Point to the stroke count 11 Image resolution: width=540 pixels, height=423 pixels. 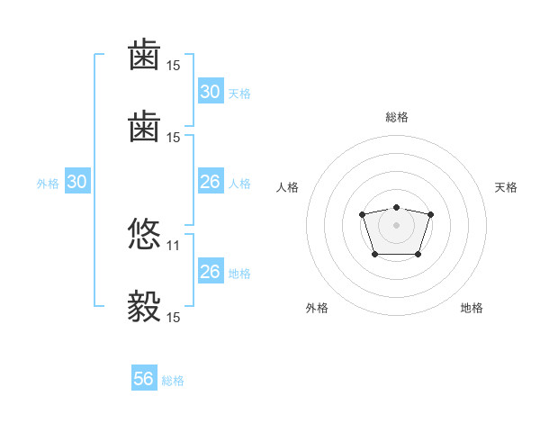pyautogui.click(x=174, y=244)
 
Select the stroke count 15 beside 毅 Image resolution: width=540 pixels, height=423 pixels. pyautogui.click(x=174, y=316)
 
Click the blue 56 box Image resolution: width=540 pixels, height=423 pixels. pyautogui.click(x=144, y=379)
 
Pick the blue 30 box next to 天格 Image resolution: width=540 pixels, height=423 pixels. pyautogui.click(x=211, y=92)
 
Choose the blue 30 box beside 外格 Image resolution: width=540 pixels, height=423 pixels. pyautogui.click(x=76, y=182)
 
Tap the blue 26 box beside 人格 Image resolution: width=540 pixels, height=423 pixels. pyautogui.click(x=211, y=182)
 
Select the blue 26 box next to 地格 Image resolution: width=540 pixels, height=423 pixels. pyautogui.click(x=211, y=272)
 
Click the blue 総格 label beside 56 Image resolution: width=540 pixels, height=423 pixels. pyautogui.click(x=173, y=381)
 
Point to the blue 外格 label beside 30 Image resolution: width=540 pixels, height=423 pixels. pyautogui.click(x=48, y=184)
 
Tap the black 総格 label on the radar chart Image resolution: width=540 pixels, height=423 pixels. pyautogui.click(x=396, y=117)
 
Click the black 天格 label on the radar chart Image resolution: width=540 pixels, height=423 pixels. pyautogui.click(x=506, y=187)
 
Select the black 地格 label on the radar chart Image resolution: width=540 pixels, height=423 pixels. pyautogui.click(x=472, y=308)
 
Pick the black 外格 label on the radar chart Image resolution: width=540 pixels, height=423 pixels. pyautogui.click(x=318, y=308)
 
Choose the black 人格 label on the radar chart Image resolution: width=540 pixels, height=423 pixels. pyautogui.click(x=288, y=187)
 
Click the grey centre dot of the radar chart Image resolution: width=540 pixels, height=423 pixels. pyautogui.click(x=396, y=224)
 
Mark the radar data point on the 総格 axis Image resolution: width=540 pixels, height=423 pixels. pyautogui.click(x=396, y=207)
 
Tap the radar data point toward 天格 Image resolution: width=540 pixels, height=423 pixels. pyautogui.click(x=430, y=214)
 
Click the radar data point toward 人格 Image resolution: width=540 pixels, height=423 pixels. pyautogui.click(x=362, y=214)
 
